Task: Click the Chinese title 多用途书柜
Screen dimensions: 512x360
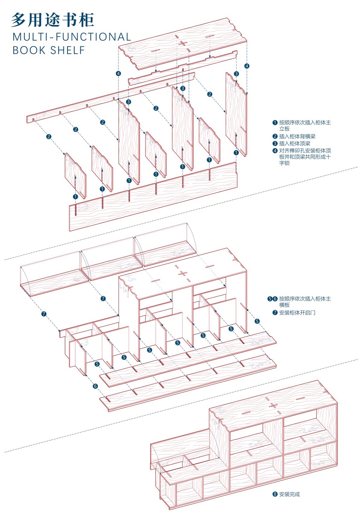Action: tap(53, 20)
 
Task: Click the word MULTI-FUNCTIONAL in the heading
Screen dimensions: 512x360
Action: tap(72, 37)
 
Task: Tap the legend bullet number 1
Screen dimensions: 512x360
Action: tap(274, 123)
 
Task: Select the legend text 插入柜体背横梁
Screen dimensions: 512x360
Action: tap(297, 136)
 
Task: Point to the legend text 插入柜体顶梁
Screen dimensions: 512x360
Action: tap(295, 144)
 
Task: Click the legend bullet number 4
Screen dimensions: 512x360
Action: tap(274, 151)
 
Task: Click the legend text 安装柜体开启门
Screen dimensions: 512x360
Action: tap(297, 313)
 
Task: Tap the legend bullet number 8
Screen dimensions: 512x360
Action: tap(274, 494)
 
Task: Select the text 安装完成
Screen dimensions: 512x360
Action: tap(289, 494)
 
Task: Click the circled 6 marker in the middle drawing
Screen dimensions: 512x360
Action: tap(95, 386)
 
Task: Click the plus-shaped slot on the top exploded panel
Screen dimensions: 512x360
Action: tap(183, 43)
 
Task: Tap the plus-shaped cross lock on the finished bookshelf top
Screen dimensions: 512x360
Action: tap(273, 406)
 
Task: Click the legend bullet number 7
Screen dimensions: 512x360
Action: tap(274, 313)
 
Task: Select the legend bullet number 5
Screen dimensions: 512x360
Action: tap(270, 299)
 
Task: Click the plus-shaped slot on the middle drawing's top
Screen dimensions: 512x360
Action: tap(183, 273)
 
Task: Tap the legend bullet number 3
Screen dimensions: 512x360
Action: tap(274, 144)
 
